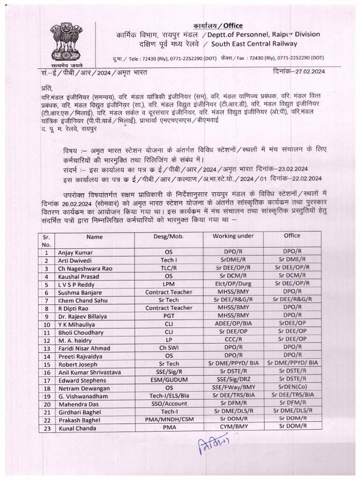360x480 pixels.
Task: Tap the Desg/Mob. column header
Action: [x=168, y=237]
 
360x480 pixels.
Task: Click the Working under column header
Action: [x=232, y=236]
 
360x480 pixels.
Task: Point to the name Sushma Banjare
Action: [x=80, y=292]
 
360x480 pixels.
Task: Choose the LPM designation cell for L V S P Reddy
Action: [x=168, y=284]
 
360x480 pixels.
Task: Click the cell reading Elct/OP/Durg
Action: [x=232, y=284]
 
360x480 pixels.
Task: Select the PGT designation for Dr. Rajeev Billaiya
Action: [x=168, y=316]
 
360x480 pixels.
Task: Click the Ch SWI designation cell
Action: [x=168, y=348]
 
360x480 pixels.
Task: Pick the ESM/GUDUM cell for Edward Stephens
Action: [x=168, y=380]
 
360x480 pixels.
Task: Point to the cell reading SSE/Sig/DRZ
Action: [x=232, y=380]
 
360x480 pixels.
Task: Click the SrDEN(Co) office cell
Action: [x=292, y=388]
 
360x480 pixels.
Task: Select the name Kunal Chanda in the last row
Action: [x=77, y=428]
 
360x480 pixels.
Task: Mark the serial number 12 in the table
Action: [x=46, y=340]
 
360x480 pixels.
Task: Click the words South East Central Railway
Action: [x=254, y=44]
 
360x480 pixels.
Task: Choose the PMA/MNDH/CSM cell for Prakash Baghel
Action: [x=168, y=420]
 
